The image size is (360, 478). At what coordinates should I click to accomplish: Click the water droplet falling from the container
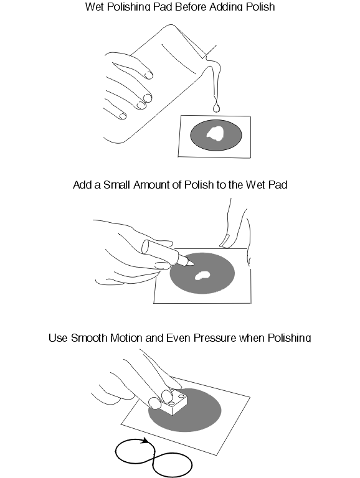216,106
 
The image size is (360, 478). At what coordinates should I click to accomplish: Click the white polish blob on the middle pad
202,275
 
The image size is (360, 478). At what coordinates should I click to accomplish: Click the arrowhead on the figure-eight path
145,441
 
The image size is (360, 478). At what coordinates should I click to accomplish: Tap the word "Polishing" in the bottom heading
289,338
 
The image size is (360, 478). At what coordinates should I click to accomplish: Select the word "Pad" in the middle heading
278,185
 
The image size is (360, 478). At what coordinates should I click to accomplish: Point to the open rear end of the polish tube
146,246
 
